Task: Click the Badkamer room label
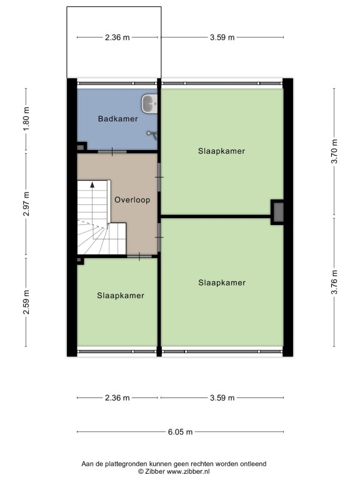(118, 119)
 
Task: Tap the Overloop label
(132, 200)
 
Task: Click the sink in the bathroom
(149, 103)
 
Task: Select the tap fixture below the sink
(152, 134)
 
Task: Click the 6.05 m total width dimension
(180, 432)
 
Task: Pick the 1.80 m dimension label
(26, 119)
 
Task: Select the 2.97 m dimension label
(26, 204)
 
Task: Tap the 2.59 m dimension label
(26, 302)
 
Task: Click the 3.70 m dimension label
(334, 151)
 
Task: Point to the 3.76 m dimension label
(334, 282)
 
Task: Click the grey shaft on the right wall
(278, 212)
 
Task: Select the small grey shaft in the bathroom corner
(81, 147)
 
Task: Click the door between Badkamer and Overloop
(112, 152)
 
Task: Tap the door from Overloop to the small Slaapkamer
(139, 256)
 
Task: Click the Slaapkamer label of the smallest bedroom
(121, 296)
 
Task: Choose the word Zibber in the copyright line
(155, 472)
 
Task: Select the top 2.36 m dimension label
(117, 37)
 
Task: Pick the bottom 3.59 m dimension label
(222, 398)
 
